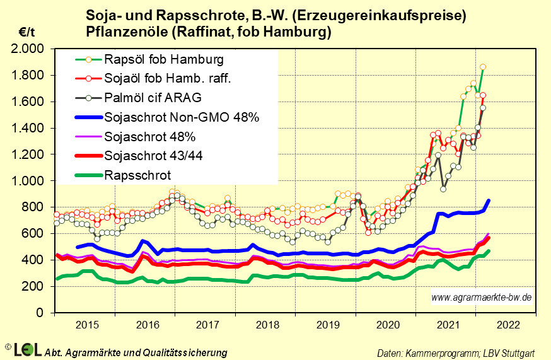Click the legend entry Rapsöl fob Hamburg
[165, 60]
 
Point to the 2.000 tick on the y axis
[29, 49]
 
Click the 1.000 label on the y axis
[29, 181]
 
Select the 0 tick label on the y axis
[40, 313]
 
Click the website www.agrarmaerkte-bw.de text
[481, 296]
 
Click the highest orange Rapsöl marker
[483, 67]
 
